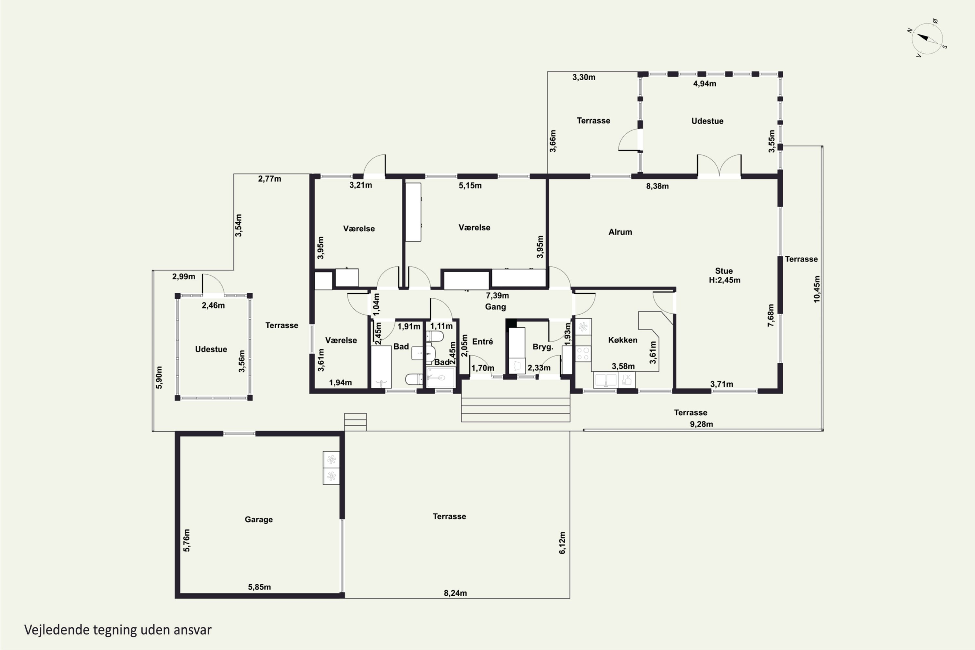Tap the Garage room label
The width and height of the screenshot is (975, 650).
[x=259, y=519]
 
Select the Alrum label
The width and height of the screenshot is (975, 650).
[x=620, y=232]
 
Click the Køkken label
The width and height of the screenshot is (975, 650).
[x=623, y=340]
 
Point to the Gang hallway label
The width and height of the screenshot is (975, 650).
[x=495, y=307]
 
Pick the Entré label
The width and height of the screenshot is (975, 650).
[x=483, y=342]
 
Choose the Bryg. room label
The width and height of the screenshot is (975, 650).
[x=543, y=347]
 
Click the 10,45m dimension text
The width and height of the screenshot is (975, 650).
[x=817, y=289]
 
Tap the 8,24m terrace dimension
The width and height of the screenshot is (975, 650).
[x=455, y=593]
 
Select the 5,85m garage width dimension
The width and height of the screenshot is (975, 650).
[x=259, y=587]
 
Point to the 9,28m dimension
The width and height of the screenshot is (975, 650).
[x=701, y=424]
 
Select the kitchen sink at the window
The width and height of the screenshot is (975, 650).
[x=606, y=380]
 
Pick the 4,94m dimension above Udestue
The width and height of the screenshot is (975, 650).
[x=705, y=84]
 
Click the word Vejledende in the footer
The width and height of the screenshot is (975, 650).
[x=57, y=630]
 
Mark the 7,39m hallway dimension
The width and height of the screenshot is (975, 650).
[x=498, y=295]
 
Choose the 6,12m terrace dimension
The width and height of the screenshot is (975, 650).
[x=562, y=543]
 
